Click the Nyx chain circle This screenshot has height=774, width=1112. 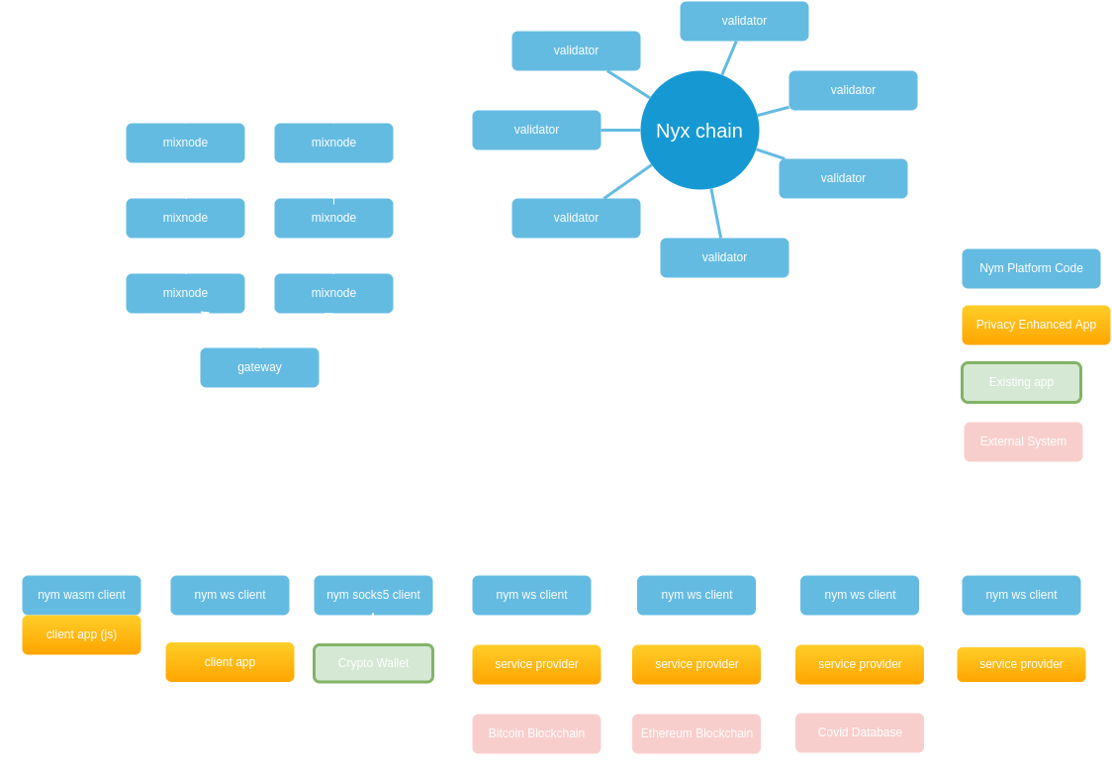pos(699,131)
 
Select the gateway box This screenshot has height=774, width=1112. pos(259,367)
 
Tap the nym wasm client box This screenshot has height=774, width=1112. pos(81,595)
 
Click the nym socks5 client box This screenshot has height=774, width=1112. pos(373,595)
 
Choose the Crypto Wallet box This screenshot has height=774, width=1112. pos(373,663)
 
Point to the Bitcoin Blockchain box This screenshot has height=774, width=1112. pos(536,733)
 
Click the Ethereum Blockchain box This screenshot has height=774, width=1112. pos(696,733)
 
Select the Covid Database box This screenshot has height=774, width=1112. pos(860,732)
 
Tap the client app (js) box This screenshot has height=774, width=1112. pos(81,634)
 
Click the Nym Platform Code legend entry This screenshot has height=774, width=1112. pos(1031,268)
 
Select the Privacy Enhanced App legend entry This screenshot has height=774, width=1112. pos(1036,325)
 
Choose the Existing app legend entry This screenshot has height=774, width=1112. pos(1021,382)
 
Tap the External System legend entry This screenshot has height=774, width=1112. pos(1023,441)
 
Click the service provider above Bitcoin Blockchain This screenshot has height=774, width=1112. pos(536,664)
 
